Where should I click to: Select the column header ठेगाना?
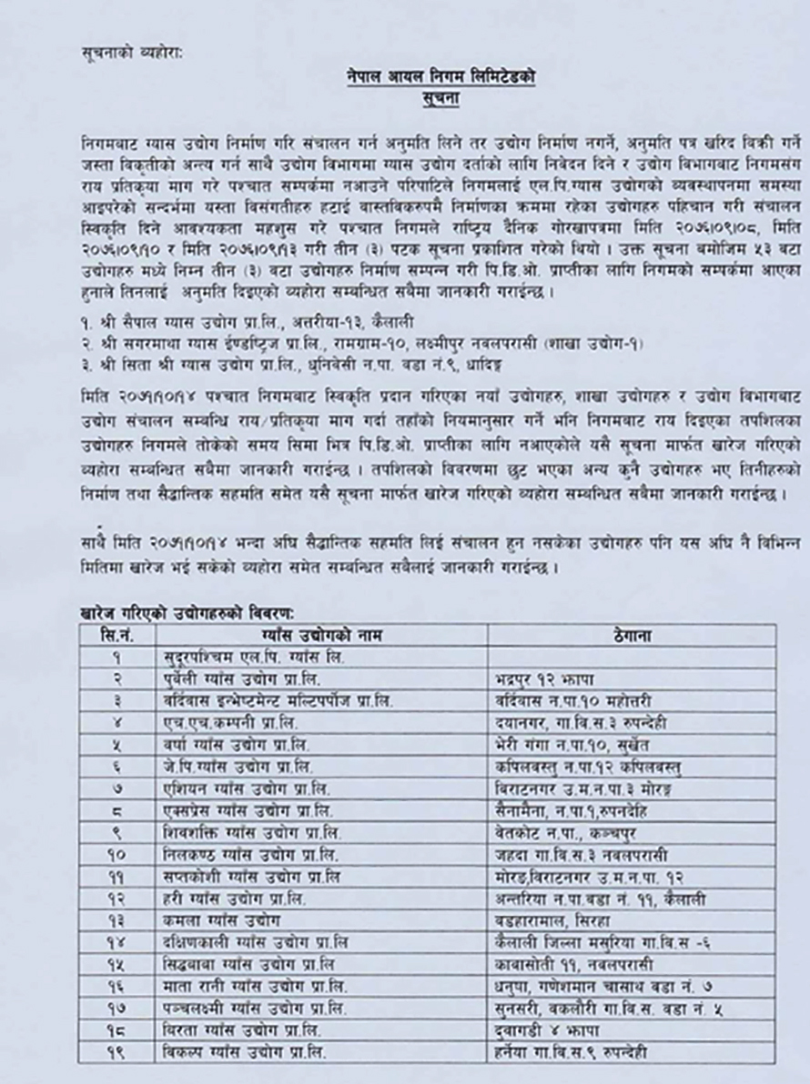click(632, 636)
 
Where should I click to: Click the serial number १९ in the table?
click(121, 1054)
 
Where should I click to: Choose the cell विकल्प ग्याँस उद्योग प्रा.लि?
click(241, 1054)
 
